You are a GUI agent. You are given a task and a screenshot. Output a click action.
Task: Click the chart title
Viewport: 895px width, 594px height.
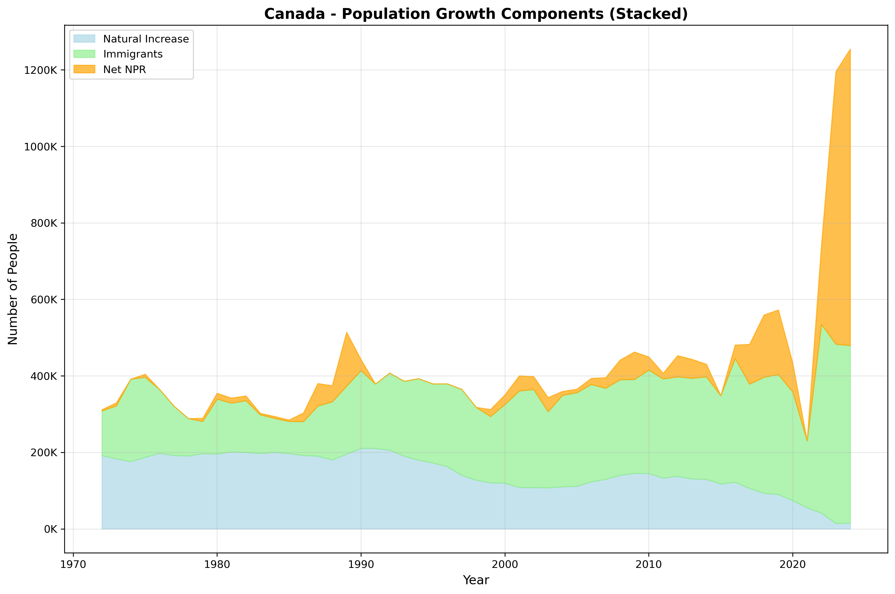tap(476, 14)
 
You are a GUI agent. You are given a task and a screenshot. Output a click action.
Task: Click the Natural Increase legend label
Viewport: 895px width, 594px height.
tap(146, 39)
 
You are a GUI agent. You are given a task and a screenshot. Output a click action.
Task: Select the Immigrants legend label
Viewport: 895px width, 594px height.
tap(133, 54)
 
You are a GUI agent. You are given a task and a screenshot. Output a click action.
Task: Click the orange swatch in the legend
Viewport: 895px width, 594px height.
tap(84, 69)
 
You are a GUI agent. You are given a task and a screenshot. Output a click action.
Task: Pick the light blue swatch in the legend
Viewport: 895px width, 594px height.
tap(84, 39)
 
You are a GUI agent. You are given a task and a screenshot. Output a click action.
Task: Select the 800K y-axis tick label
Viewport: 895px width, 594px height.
tap(43, 223)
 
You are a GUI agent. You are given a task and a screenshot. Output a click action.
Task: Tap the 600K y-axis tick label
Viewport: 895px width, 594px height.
tap(43, 300)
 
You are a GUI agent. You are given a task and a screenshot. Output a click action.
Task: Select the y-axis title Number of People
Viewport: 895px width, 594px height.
tap(13, 289)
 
